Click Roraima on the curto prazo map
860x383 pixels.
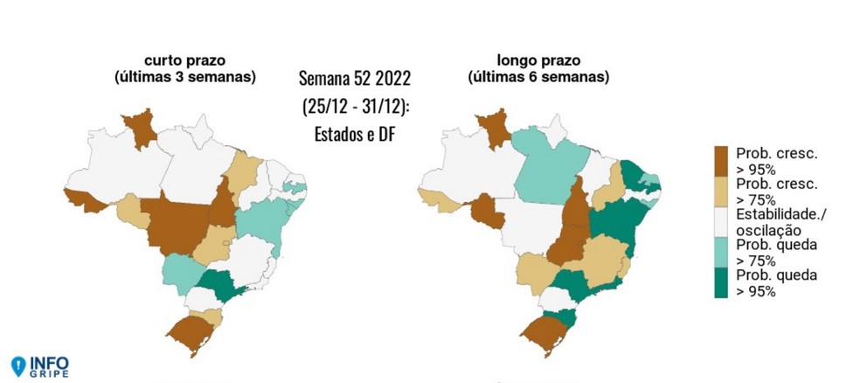[x=138, y=129]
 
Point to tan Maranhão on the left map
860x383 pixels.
[x=242, y=170]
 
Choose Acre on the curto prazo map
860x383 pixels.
[x=84, y=198]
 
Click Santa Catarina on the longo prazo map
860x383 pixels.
[x=563, y=319]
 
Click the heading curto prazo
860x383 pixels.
[x=184, y=61]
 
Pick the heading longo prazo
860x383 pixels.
[x=538, y=61]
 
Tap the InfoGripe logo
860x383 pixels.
[x=39, y=365]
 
